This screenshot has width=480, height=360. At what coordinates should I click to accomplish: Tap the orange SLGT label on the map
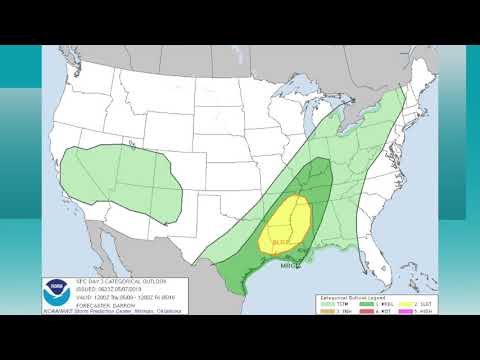[281, 242]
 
